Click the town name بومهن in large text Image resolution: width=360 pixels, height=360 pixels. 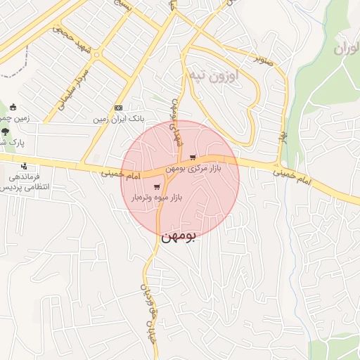click(180, 238)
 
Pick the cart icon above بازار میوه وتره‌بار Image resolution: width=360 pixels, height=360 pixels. click(155, 187)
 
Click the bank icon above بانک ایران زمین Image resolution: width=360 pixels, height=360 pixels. click(118, 108)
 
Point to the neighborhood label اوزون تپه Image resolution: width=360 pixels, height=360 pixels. click(212, 74)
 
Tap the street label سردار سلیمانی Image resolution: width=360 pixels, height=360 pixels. click(75, 85)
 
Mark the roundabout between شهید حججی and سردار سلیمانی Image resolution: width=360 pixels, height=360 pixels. click(96, 53)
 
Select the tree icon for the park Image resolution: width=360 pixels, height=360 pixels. click(6, 131)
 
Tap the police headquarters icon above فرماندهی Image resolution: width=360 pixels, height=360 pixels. click(25, 167)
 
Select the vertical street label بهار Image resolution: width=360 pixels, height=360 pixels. click(284, 134)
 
